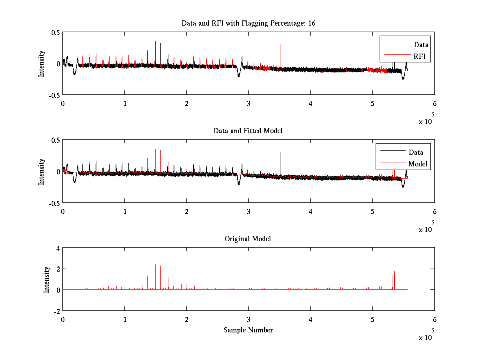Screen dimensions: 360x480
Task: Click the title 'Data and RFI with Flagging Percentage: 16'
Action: pyautogui.click(x=248, y=23)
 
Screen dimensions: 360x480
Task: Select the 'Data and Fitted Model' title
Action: pyautogui.click(x=248, y=131)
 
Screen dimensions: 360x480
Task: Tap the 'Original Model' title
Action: pyautogui.click(x=248, y=239)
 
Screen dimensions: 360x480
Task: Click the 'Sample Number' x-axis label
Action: pyautogui.click(x=248, y=330)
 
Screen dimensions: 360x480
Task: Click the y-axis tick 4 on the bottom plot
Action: pyautogui.click(x=58, y=248)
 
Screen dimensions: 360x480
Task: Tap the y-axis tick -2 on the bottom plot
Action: pyautogui.click(x=56, y=311)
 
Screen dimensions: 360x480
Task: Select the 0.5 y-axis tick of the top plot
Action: pyautogui.click(x=55, y=32)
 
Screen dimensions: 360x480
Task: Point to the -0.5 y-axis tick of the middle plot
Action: pyautogui.click(x=54, y=203)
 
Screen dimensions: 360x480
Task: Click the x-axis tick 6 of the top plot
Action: pyautogui.click(x=434, y=103)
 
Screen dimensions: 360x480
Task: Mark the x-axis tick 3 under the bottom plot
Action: pyautogui.click(x=248, y=320)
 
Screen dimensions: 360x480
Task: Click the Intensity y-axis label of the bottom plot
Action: pyautogui.click(x=47, y=279)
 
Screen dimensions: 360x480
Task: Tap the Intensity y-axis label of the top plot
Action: pyautogui.click(x=42, y=64)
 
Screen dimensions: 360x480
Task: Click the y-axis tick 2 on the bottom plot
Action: pyautogui.click(x=58, y=268)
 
